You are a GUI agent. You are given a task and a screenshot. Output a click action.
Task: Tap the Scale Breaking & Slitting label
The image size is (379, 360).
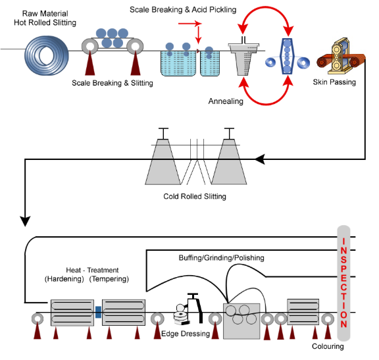(113, 83)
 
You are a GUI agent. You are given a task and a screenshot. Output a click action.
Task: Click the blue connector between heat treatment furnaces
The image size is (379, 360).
(97, 312)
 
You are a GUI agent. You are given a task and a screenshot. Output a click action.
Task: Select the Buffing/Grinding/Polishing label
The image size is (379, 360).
(221, 257)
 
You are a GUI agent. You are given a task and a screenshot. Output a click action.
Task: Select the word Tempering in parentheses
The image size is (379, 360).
(110, 279)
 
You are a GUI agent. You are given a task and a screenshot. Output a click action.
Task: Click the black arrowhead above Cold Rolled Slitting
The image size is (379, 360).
(259, 159)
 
